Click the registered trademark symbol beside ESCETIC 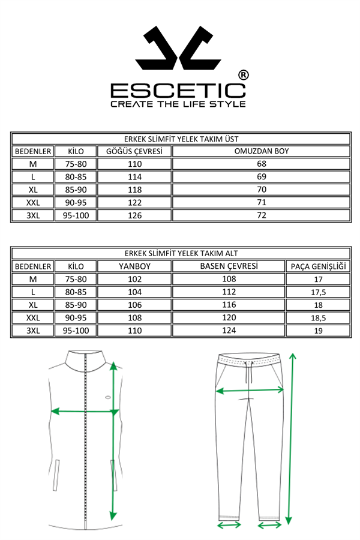[x=243, y=75]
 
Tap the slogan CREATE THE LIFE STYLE [x=178, y=104]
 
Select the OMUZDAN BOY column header [x=261, y=151]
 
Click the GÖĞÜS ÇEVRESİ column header [x=134, y=151]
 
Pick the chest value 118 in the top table [x=134, y=190]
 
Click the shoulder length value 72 [x=261, y=215]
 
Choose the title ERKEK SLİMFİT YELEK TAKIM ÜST [x=181, y=138]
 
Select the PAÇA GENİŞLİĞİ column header [x=318, y=266]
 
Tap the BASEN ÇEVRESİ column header [x=229, y=266]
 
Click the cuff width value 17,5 [x=318, y=292]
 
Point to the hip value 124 [x=229, y=331]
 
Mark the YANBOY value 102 [x=134, y=279]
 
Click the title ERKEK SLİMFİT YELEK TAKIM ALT [x=181, y=253]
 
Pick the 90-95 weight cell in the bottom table [x=76, y=317]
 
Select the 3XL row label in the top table [x=33, y=215]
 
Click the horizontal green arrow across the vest [x=83, y=412]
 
